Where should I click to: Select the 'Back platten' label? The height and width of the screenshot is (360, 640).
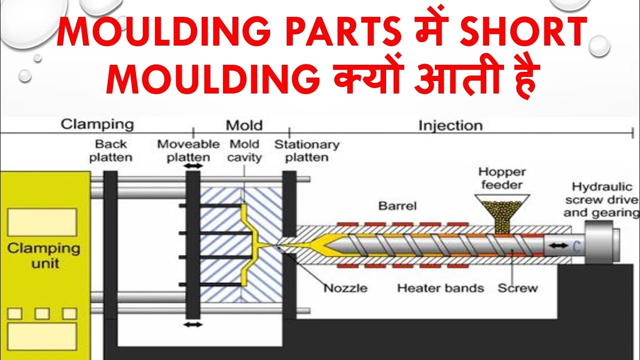click(111, 150)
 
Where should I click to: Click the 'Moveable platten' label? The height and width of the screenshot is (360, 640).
click(188, 150)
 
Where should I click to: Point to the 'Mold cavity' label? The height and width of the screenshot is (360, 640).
click(245, 150)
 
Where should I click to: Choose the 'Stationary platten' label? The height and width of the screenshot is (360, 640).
click(306, 150)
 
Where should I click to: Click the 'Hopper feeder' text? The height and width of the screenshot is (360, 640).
click(502, 178)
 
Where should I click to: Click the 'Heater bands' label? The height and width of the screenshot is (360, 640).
click(440, 288)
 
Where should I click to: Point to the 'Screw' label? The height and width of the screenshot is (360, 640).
click(517, 288)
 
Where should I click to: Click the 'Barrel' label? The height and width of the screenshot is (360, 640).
click(397, 205)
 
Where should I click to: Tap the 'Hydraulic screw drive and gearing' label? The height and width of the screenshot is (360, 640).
click(602, 199)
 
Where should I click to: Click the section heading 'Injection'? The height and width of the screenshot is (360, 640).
click(450, 125)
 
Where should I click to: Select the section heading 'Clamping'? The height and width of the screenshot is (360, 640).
click(97, 124)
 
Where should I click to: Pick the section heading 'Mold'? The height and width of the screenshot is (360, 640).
click(244, 125)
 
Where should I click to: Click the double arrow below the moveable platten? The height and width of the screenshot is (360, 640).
click(193, 324)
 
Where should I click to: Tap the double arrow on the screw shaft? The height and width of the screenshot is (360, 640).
click(558, 245)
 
